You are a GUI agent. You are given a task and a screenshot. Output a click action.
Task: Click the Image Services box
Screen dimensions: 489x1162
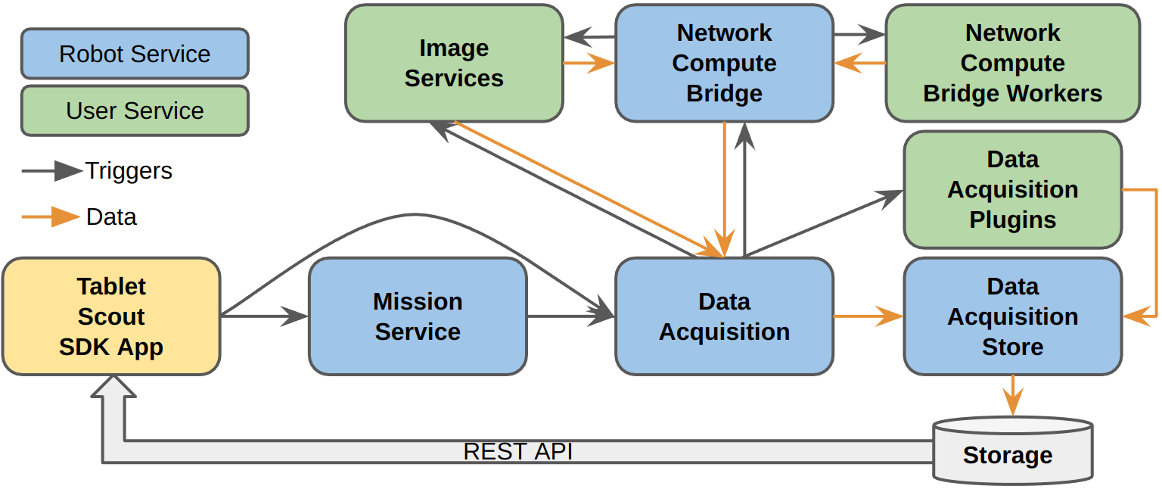(454, 64)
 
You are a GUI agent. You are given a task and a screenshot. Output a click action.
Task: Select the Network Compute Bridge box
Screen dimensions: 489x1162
(724, 64)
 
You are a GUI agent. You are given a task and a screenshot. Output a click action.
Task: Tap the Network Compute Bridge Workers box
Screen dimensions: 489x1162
(1012, 64)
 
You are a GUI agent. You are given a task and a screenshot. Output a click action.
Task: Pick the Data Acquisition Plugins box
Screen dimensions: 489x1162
(1012, 189)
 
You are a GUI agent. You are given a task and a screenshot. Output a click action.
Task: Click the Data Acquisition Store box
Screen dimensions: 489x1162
(1012, 316)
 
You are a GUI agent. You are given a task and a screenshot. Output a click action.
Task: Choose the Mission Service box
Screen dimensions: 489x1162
(418, 316)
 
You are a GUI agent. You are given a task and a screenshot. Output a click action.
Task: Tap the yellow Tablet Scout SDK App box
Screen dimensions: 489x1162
(111, 316)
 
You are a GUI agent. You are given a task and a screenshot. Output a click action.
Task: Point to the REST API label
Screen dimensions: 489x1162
(517, 452)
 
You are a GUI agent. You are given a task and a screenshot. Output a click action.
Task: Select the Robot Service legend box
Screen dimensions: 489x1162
(135, 54)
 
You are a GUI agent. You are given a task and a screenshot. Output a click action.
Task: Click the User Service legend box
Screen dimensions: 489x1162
(135, 111)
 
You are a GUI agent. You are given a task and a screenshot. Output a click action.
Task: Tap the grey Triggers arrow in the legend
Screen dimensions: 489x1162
(51, 171)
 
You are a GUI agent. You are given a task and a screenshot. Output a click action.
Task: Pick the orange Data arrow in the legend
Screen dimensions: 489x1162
(51, 217)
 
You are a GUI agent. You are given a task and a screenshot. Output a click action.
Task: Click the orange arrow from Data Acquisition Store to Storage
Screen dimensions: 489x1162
(1012, 394)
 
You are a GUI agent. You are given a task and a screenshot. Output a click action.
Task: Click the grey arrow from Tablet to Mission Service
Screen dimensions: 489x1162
(264, 316)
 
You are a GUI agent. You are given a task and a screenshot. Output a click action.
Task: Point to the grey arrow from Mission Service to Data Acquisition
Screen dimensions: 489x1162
(570, 316)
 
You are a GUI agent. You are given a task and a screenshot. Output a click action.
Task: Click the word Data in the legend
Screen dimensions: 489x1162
(111, 217)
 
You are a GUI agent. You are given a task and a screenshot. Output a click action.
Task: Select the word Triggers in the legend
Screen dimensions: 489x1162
(129, 171)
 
